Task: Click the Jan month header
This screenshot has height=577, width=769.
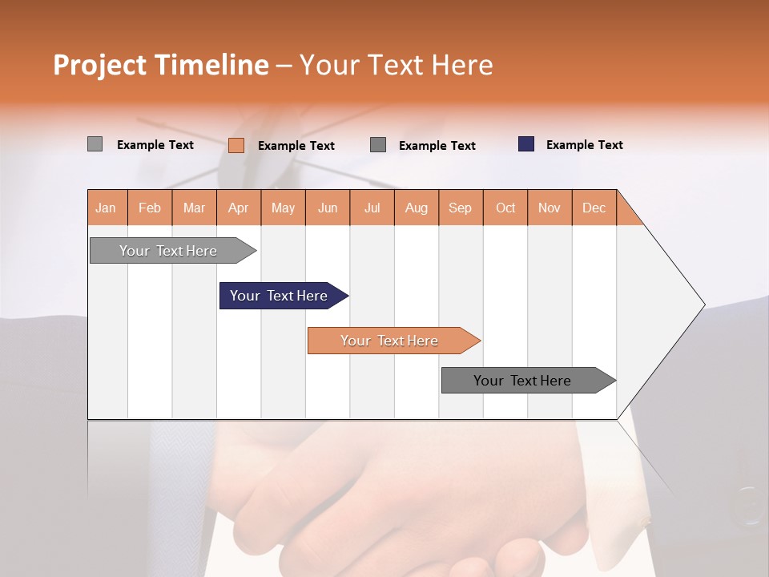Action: (x=107, y=208)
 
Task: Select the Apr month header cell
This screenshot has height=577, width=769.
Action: (x=239, y=208)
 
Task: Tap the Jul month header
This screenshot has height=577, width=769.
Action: (x=372, y=208)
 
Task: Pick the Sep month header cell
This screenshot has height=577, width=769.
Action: (x=461, y=208)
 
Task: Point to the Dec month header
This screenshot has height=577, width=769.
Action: (x=594, y=208)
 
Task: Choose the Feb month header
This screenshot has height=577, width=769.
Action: (x=150, y=208)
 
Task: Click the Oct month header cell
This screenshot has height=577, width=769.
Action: (x=505, y=208)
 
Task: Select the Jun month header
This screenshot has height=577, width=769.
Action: (x=328, y=208)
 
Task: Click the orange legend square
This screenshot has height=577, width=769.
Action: (x=236, y=145)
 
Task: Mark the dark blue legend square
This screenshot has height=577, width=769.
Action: (x=526, y=144)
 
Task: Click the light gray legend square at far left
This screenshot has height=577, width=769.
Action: (x=95, y=144)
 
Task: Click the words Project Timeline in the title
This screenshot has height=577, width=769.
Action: (x=160, y=65)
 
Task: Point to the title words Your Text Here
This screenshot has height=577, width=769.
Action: (x=396, y=65)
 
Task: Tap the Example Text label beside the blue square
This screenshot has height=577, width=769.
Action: (x=584, y=145)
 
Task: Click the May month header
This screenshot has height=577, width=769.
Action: (x=283, y=208)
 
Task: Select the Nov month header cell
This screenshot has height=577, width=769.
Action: (x=550, y=208)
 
